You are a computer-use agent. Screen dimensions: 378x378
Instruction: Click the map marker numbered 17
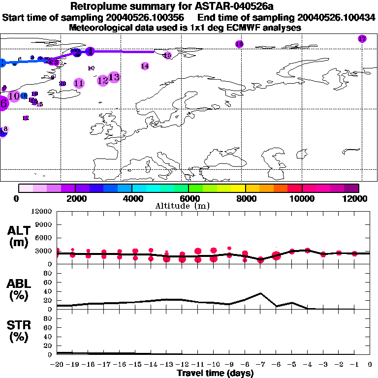point(362,39)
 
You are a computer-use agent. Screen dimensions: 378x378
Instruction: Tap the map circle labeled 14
point(145,66)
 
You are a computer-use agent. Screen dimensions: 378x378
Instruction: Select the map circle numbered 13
point(114,77)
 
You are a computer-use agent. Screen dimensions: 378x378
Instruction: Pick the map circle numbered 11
point(79,83)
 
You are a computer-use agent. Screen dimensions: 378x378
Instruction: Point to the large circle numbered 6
point(3,104)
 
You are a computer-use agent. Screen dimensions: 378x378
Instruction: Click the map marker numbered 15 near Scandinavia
point(167,56)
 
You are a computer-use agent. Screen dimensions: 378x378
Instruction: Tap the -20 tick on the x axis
point(57,364)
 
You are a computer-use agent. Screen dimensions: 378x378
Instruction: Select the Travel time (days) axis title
point(215,373)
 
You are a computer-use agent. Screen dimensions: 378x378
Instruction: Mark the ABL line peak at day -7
point(260,293)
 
